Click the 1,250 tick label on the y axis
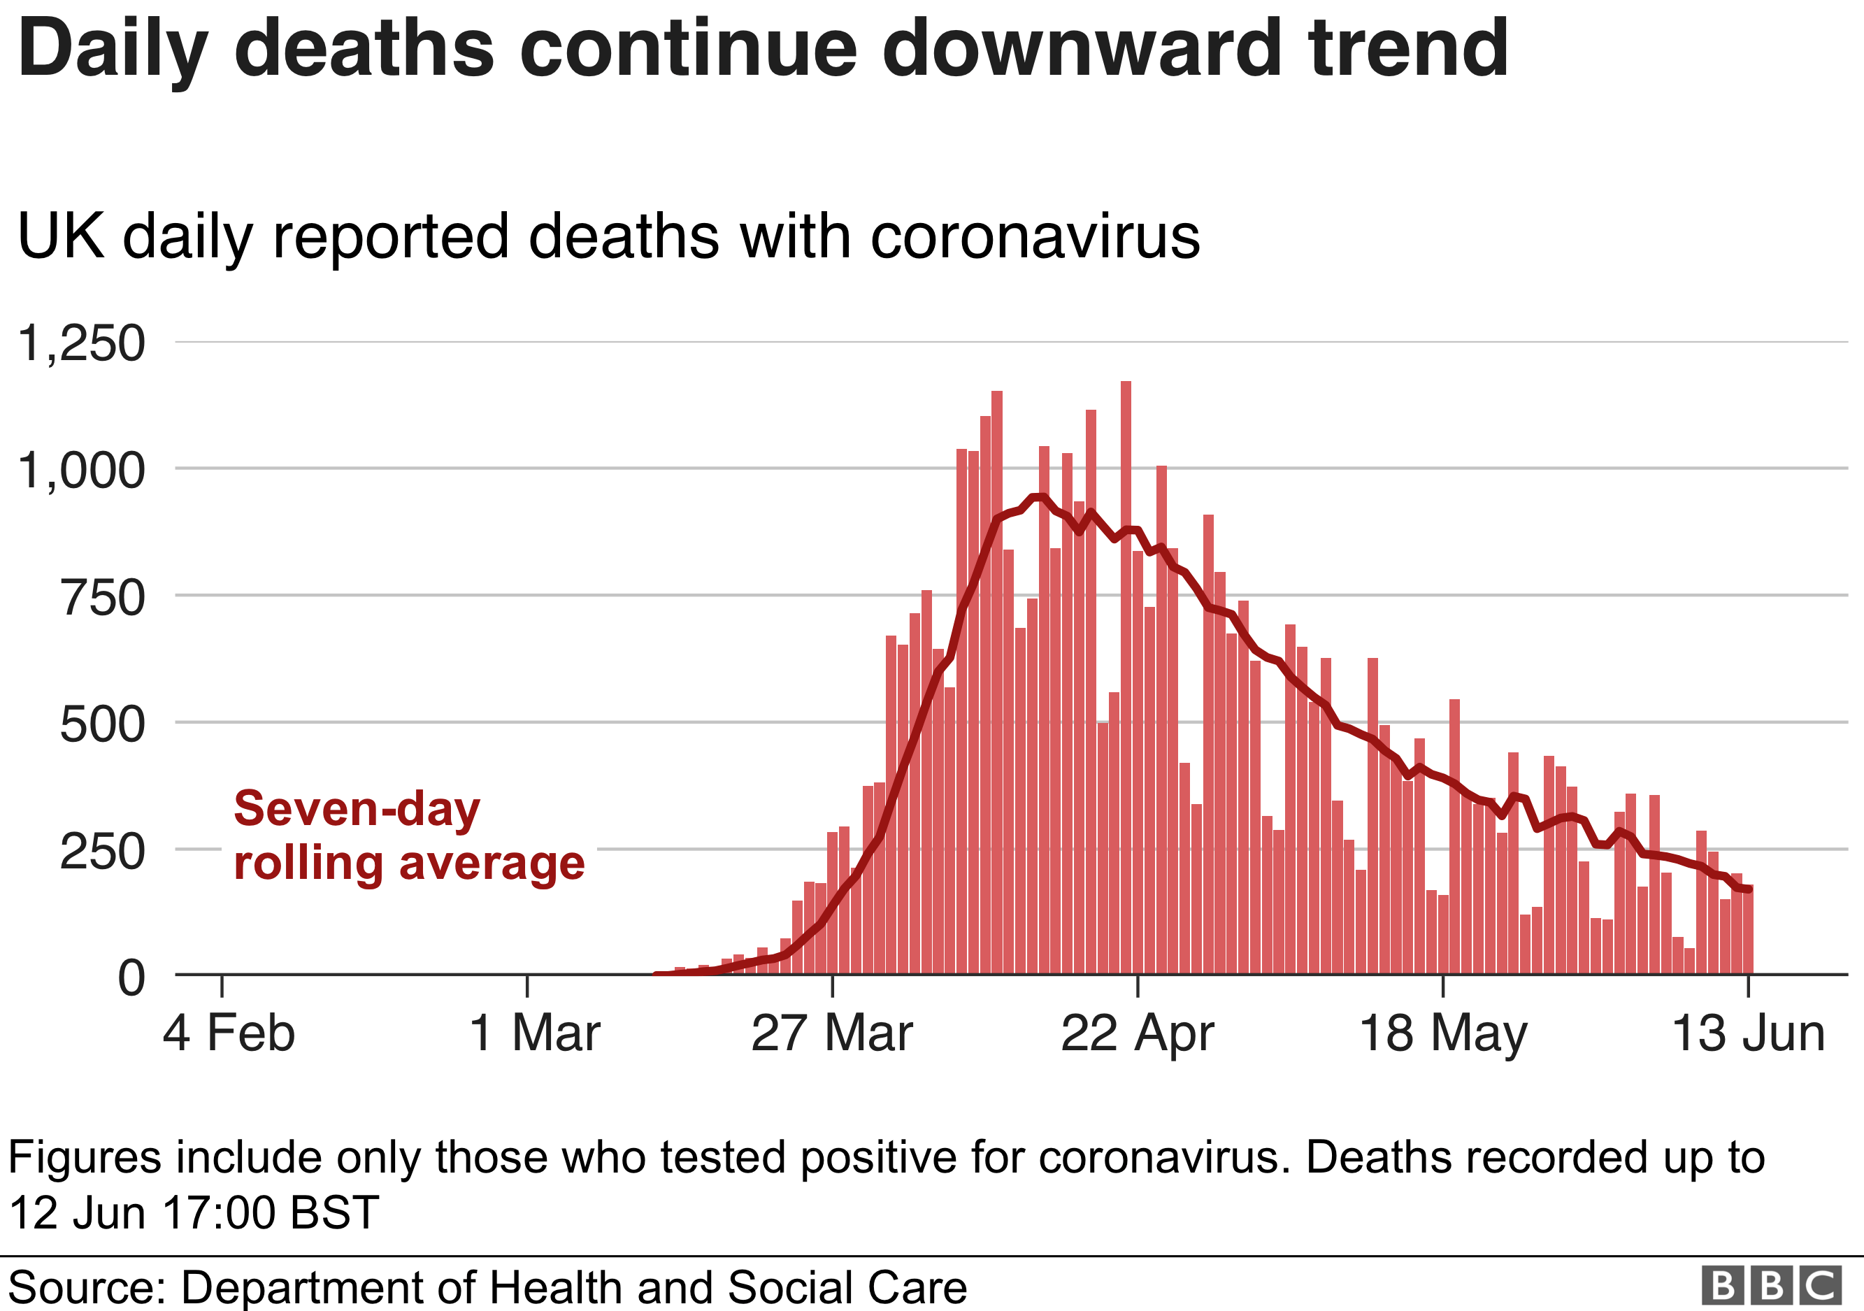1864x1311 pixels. click(81, 343)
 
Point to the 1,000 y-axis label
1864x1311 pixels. click(81, 471)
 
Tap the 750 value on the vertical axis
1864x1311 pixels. click(102, 599)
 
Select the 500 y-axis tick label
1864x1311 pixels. click(102, 725)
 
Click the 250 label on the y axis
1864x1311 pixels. click(102, 852)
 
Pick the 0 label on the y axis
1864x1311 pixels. click(131, 978)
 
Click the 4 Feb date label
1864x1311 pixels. click(229, 1033)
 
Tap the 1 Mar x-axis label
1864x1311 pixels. click(534, 1033)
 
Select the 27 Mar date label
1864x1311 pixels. click(832, 1033)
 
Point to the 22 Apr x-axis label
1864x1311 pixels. click(1138, 1033)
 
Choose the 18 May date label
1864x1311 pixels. click(1442, 1033)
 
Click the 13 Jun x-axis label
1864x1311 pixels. click(1748, 1033)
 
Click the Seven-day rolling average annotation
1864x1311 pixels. click(408, 836)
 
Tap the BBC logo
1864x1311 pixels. click(1772, 1286)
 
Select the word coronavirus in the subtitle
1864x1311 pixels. click(1034, 237)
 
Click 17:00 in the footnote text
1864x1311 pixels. click(220, 1213)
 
